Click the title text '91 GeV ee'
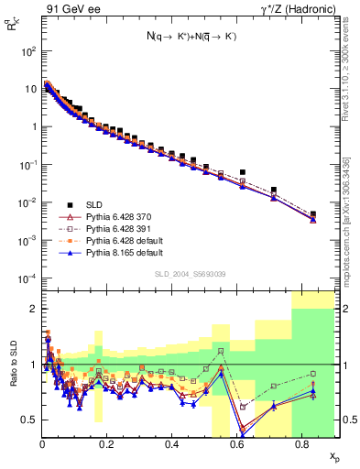click(x=69, y=9)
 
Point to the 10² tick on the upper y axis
click(x=28, y=51)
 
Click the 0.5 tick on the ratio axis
click(x=30, y=420)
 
